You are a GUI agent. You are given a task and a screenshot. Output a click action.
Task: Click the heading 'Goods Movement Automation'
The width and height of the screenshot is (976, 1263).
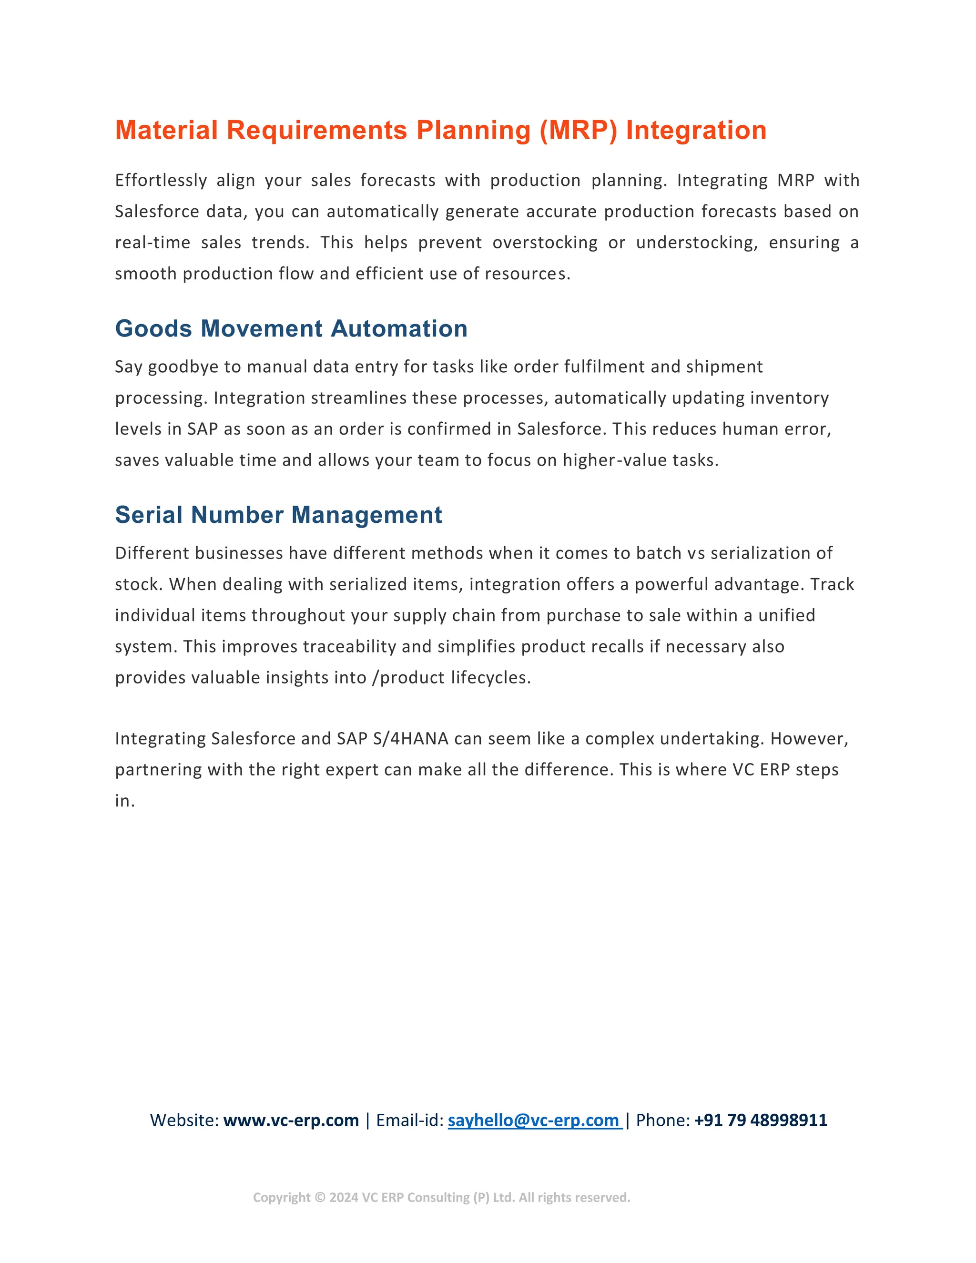coord(291,328)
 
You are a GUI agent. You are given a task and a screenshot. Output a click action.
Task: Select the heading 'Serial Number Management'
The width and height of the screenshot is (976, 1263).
coord(278,515)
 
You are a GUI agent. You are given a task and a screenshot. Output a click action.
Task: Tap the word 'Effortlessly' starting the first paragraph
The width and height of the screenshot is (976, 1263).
coord(161,181)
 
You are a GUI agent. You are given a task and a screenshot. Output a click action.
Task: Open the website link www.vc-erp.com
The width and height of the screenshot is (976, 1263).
coord(291,1120)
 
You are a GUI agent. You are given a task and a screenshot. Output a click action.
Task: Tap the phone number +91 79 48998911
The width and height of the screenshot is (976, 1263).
coord(760,1120)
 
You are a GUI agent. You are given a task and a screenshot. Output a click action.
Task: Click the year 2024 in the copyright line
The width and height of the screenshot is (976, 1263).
coord(344,1198)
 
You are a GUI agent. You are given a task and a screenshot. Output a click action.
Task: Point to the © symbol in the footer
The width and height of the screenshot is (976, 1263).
coord(320,1198)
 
